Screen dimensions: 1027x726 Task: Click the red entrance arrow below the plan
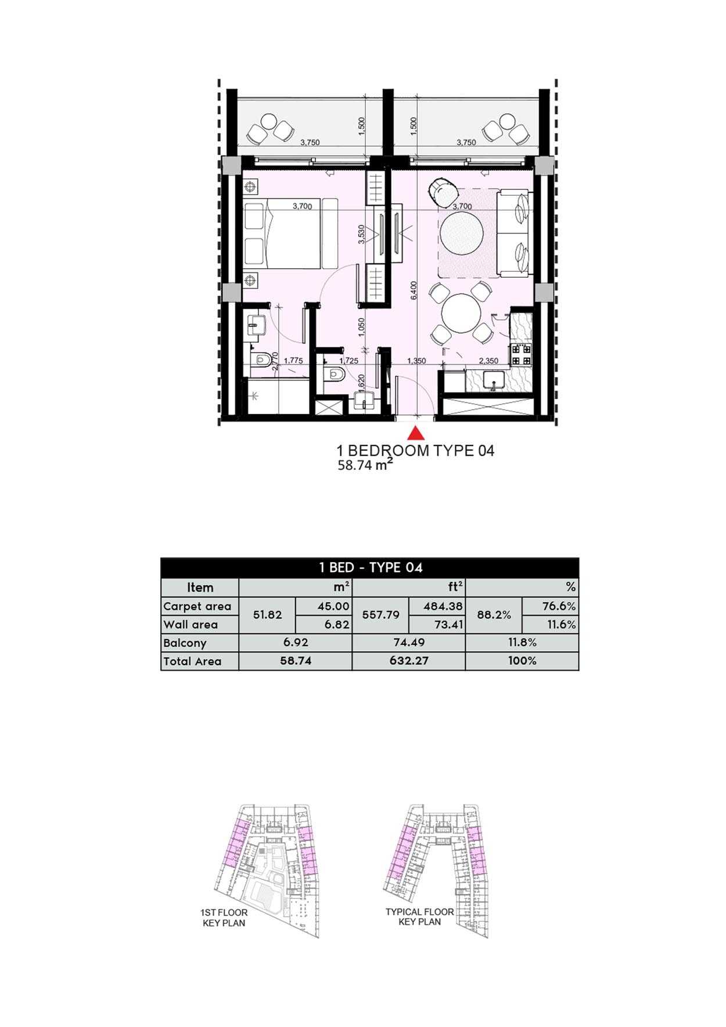point(415,433)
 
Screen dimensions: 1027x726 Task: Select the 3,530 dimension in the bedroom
point(361,234)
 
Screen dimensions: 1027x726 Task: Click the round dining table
point(461,314)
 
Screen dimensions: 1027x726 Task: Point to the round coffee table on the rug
point(462,234)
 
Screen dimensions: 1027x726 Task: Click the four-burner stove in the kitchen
point(520,355)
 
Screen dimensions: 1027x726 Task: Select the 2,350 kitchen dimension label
point(488,361)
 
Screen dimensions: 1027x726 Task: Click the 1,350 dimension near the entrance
point(416,361)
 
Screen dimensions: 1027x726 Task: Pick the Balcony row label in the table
point(185,643)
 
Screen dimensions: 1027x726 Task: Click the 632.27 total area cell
point(409,661)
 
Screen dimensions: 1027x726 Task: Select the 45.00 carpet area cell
point(333,606)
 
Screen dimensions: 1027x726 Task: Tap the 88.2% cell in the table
point(494,615)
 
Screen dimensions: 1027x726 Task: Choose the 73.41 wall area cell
point(448,624)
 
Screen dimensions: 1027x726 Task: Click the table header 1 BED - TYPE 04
point(370,568)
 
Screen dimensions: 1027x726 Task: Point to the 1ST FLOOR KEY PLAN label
point(224,918)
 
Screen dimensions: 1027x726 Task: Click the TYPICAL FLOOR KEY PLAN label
point(419,917)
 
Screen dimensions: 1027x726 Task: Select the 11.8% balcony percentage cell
point(522,642)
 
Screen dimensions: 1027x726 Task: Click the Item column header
point(200,587)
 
